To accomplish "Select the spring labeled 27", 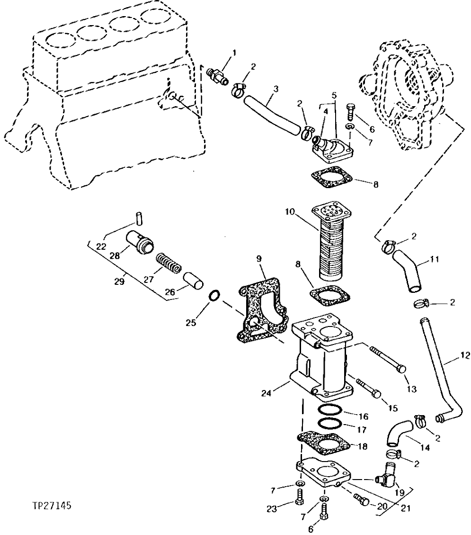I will pos(168,263).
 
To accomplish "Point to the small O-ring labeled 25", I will pos(214,297).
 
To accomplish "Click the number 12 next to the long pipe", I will pos(464,354).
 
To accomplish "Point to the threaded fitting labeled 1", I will pos(218,75).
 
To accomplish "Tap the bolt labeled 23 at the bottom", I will pos(299,496).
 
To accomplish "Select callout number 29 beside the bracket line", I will pos(119,281).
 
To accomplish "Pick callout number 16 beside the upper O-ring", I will pos(363,417).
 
